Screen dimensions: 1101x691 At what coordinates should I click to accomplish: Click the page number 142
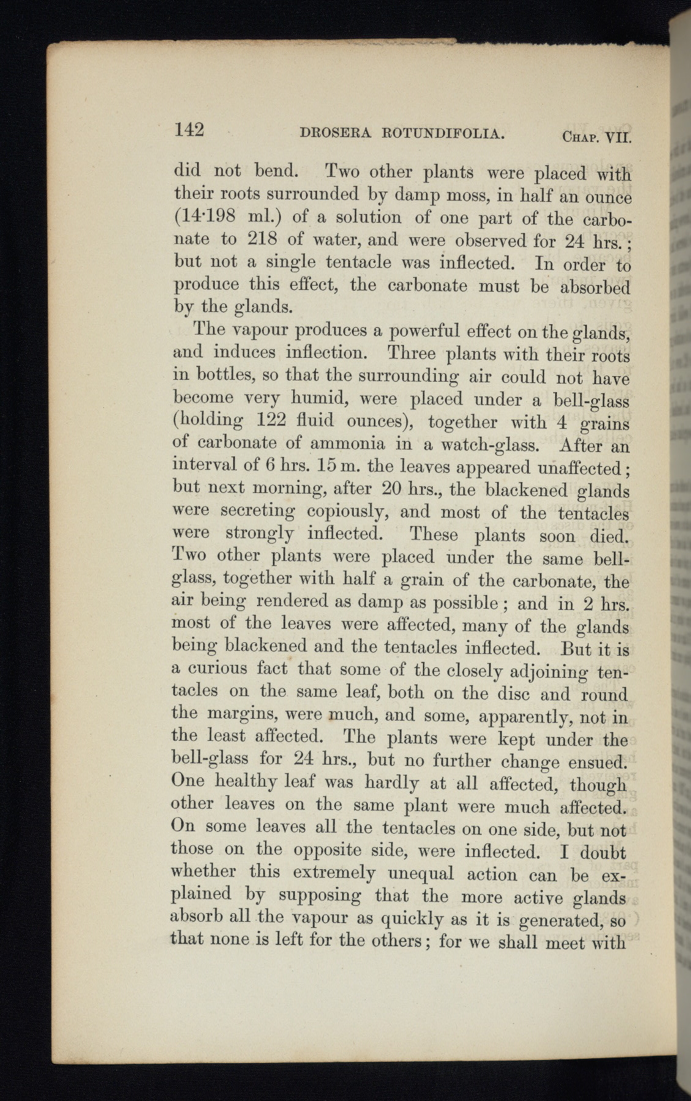[189, 129]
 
